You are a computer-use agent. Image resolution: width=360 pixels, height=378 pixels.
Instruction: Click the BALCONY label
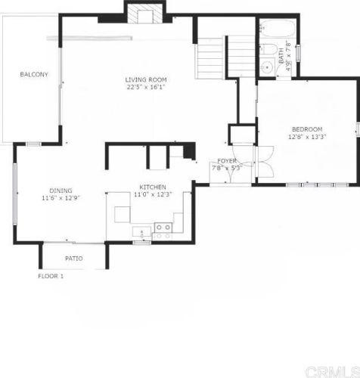tap(34, 74)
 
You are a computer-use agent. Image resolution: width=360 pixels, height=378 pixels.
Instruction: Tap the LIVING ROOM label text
tap(146, 79)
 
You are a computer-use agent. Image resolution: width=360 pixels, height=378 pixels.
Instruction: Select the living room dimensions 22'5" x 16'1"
tap(146, 87)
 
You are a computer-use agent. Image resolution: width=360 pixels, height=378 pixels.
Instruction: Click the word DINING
tap(61, 190)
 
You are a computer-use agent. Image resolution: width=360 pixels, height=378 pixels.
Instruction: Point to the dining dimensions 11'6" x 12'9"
tap(61, 197)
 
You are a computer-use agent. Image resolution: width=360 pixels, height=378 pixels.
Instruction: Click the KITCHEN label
tap(153, 187)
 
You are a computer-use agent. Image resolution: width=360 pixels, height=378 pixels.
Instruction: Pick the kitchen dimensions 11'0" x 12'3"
tap(153, 195)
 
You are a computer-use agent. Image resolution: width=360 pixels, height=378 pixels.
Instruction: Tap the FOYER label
tap(227, 161)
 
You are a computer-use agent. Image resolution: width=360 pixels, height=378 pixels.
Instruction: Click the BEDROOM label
tap(307, 129)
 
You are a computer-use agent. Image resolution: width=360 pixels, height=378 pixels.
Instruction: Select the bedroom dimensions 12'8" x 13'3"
tap(307, 138)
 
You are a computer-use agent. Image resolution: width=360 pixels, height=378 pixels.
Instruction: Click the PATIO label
tap(73, 259)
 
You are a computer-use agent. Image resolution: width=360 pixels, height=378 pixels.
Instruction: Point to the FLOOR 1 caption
tap(51, 276)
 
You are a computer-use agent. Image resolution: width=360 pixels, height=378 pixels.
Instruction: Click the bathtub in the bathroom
tap(277, 30)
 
